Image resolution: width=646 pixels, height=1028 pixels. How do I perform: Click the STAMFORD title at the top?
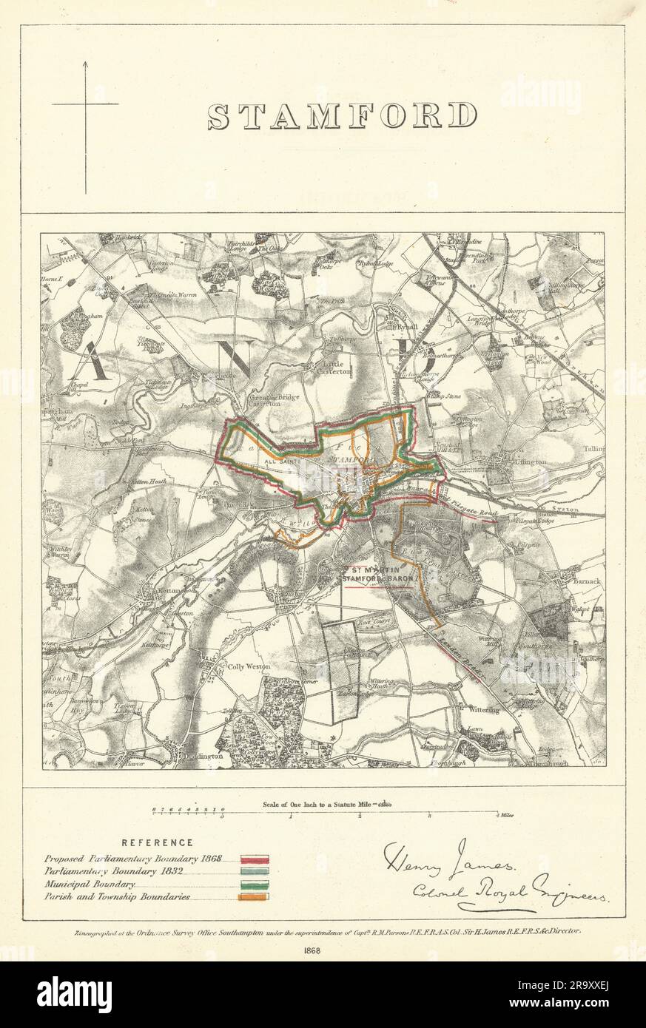coord(342,116)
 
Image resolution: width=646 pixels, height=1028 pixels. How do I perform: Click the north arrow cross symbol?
coord(85,104)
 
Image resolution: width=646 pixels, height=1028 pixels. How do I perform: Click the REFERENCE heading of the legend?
coord(158,842)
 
